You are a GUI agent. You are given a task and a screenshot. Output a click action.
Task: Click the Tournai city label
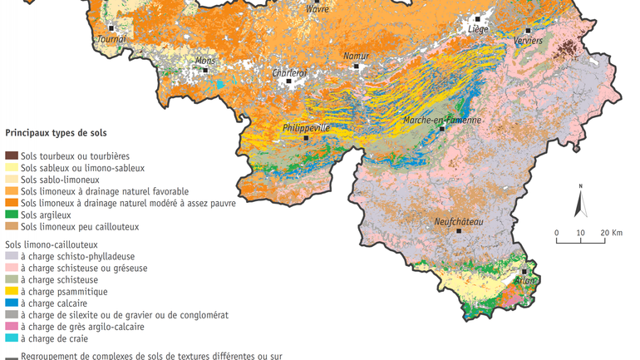point(112,38)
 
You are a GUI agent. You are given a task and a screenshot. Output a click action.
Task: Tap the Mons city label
point(204,61)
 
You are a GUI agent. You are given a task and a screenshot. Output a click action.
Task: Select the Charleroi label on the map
point(290,72)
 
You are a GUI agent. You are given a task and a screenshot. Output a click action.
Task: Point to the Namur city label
point(356,56)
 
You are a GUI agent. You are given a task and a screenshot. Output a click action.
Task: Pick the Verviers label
point(527,40)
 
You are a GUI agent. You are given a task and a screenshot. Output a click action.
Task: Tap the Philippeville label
point(307,128)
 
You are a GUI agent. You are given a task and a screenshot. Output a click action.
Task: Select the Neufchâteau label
point(459,222)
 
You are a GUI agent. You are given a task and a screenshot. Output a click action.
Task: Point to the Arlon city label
point(524,281)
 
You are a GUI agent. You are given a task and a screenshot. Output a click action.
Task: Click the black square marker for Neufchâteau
point(459,232)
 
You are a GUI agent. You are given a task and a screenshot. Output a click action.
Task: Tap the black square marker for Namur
point(356,66)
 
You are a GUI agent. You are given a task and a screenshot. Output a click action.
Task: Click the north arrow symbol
point(581,202)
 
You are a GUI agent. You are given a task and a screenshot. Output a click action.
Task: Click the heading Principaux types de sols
point(56,133)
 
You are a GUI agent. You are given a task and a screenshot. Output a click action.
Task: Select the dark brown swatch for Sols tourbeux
point(12,155)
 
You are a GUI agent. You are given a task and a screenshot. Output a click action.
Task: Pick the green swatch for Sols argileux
point(12,215)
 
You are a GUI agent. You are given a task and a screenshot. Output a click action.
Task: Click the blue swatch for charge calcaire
point(12,303)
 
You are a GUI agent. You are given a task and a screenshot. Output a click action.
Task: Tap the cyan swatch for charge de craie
point(12,338)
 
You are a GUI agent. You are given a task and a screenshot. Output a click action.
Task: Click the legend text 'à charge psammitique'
point(64,292)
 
